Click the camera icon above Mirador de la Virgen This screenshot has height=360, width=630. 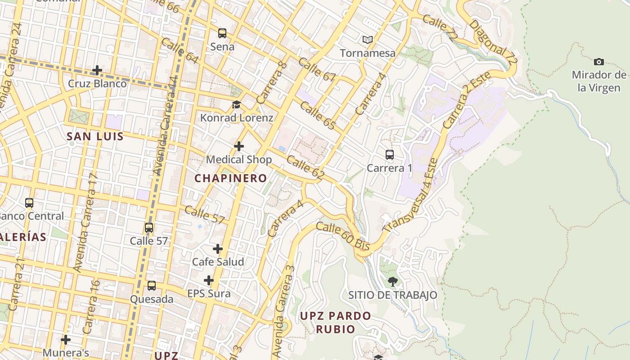[598, 62]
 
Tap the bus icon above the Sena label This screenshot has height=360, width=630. [222, 33]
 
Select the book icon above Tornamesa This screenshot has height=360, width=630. [368, 40]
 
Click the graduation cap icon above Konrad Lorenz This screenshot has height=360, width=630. [236, 105]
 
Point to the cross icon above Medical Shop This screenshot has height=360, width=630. [239, 146]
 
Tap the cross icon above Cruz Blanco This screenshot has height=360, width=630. [97, 70]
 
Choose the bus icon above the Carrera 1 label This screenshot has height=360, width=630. [390, 155]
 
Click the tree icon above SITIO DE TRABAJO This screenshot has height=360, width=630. [392, 282]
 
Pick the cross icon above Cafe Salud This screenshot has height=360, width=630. [218, 249]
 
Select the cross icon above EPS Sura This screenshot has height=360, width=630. [209, 281]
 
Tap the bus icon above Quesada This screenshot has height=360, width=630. [152, 286]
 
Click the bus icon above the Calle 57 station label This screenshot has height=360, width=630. [149, 228]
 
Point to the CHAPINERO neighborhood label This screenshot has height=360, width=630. [231, 178]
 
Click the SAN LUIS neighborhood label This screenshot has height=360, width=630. [95, 136]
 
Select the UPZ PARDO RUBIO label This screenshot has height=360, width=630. [336, 322]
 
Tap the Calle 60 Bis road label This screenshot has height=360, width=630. [343, 236]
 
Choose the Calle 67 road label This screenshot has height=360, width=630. [317, 69]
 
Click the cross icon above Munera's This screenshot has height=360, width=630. [66, 339]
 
